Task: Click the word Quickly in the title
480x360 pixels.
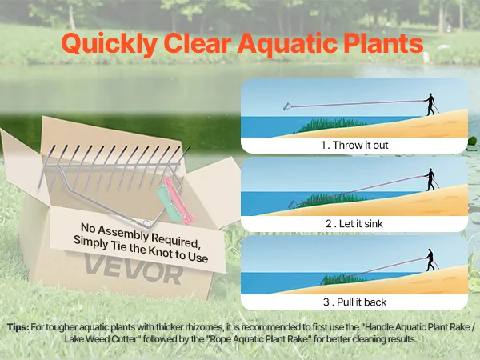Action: [110, 44]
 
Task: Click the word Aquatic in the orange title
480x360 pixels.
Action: [287, 43]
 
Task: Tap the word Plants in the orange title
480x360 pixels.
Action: [383, 43]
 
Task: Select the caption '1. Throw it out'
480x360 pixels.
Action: [354, 145]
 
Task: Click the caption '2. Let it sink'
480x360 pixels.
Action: [354, 223]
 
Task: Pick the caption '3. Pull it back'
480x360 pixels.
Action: [354, 302]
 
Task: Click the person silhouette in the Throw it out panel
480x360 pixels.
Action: [430, 104]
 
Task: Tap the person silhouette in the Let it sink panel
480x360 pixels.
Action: [430, 179]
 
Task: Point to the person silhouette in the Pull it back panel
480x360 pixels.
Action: [430, 260]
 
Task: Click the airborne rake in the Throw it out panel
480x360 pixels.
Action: [287, 106]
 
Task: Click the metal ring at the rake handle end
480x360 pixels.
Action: [147, 224]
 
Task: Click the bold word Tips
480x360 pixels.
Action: [18, 327]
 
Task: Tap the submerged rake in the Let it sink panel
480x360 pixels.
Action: [293, 205]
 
